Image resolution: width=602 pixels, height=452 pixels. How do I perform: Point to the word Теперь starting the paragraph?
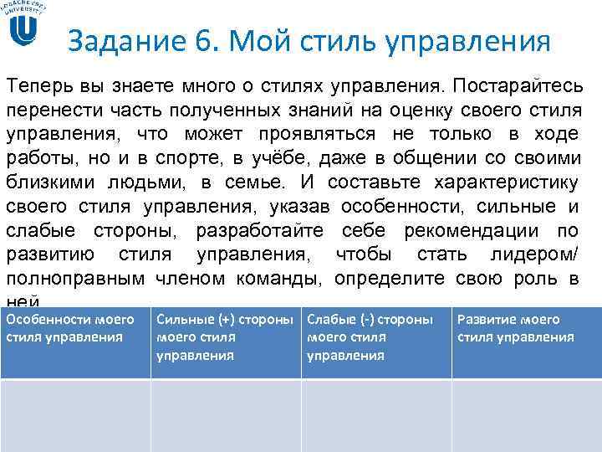tap(37, 87)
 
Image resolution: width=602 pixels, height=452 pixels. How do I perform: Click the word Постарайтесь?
tap(525, 87)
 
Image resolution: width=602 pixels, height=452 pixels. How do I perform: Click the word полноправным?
tap(74, 278)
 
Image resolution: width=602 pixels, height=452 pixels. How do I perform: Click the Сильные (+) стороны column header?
tap(225, 337)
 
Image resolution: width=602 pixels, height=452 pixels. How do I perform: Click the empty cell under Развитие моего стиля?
tap(526, 415)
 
